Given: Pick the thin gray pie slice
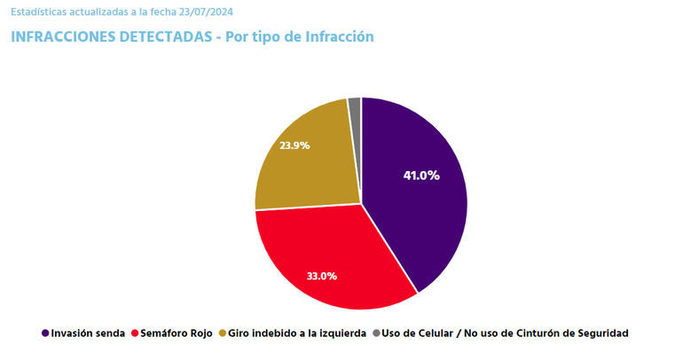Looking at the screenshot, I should click(355, 106).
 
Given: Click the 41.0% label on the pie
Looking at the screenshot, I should click(421, 176).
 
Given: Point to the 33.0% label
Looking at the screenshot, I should click(321, 276).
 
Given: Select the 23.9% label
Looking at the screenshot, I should click(294, 145).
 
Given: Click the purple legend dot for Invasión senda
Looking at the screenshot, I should click(45, 333).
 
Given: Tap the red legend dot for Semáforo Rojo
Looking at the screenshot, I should click(135, 333).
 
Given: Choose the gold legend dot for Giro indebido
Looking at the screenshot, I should click(222, 333).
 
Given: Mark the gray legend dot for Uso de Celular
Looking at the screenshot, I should click(376, 333).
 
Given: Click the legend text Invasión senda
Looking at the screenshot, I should click(88, 333).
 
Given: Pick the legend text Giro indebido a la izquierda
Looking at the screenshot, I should click(297, 333).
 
